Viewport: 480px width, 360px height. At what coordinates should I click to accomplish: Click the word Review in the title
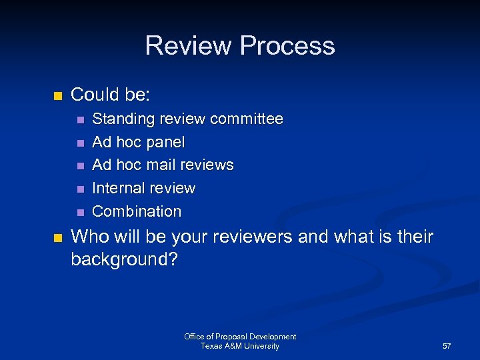(189, 46)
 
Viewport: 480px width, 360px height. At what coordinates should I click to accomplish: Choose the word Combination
(137, 211)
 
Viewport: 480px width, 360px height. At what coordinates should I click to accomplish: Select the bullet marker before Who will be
(57, 237)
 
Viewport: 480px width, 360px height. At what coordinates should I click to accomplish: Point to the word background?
(124, 259)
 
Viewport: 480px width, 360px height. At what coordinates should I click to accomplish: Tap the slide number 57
(447, 347)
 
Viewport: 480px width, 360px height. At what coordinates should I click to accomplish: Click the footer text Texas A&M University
(240, 346)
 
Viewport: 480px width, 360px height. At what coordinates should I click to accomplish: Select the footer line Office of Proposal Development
(240, 337)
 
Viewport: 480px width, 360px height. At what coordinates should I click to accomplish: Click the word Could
(93, 95)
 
